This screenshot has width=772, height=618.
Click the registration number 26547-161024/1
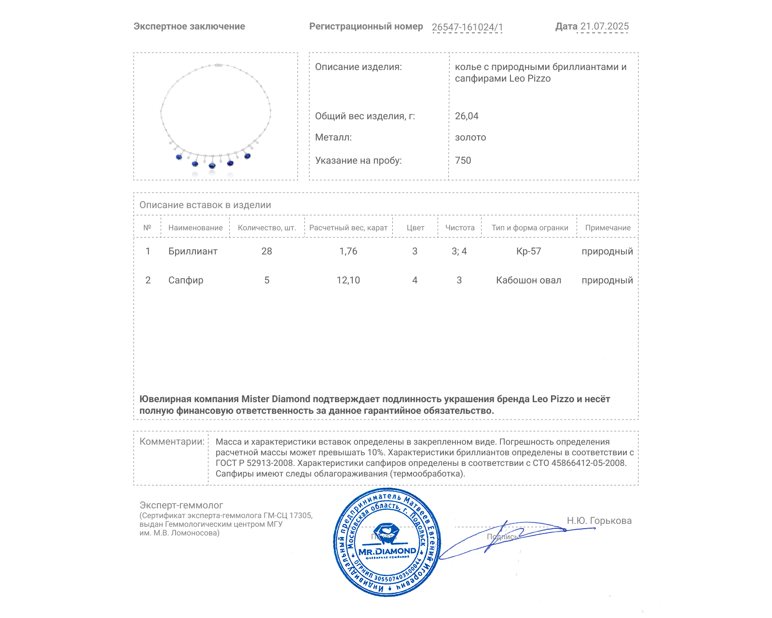(467, 27)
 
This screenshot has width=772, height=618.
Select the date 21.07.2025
(604, 27)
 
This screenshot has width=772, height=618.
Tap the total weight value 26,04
(467, 116)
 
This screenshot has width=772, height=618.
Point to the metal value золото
(470, 137)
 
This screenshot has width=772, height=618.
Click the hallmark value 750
(463, 160)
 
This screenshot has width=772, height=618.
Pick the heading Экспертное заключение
(189, 27)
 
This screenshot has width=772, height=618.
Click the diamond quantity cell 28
(267, 251)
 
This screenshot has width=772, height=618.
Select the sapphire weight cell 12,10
(348, 280)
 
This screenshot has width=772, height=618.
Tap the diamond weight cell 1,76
(348, 251)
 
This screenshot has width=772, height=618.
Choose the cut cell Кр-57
(529, 251)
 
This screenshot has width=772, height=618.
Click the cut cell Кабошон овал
(529, 280)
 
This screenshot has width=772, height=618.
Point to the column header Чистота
(460, 228)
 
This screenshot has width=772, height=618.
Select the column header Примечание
(607, 228)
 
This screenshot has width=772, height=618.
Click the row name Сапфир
(186, 280)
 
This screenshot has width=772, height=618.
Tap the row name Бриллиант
(193, 251)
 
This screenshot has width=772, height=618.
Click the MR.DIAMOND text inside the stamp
(387, 551)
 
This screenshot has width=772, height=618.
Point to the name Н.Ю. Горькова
(599, 520)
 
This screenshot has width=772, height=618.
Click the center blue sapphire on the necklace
(212, 166)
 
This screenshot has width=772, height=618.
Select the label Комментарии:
(172, 441)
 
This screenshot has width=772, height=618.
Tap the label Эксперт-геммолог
(181, 505)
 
